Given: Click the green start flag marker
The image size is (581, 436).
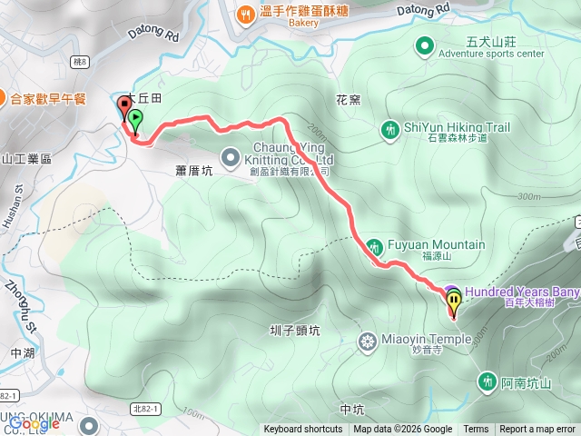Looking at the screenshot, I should [135, 119].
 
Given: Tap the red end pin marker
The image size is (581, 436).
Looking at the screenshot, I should [124, 104].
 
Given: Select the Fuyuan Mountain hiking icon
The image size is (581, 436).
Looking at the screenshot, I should [374, 246].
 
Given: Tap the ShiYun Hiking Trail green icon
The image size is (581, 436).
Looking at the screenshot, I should [390, 129].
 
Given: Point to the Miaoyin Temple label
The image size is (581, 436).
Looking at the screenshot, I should [427, 340].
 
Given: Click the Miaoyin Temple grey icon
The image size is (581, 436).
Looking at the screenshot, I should [368, 342].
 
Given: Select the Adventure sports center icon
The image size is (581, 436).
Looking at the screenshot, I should [424, 45].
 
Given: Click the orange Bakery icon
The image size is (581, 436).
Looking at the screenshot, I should [246, 14].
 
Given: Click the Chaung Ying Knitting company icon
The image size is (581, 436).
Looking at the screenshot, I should [230, 154].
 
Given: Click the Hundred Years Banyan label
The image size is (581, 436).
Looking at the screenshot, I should [522, 292].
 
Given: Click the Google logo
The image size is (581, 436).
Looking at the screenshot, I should [34, 422].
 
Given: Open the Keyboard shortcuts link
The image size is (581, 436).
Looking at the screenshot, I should [303, 430].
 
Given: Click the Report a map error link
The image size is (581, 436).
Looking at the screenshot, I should [538, 430].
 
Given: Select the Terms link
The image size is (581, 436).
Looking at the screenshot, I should [476, 430].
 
